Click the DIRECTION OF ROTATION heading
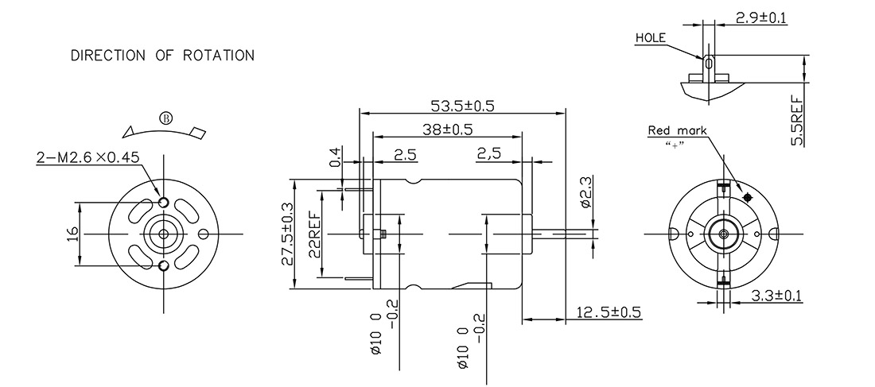point(162,56)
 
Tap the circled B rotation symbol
point(165,118)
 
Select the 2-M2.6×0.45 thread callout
point(87,157)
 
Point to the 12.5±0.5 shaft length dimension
point(611,312)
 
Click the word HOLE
point(650,37)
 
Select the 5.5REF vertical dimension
point(797,119)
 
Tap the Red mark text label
point(676,131)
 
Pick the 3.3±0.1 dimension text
point(776,296)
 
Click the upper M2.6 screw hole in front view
point(164,203)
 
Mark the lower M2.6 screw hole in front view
point(164,265)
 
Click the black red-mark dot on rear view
point(746,195)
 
